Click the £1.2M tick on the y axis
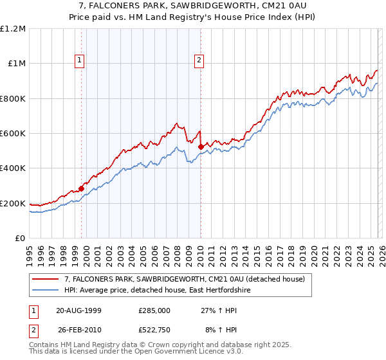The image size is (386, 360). [x=13, y=29]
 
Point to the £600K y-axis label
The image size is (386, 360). [x=13, y=134]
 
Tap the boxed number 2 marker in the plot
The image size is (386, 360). [x=199, y=61]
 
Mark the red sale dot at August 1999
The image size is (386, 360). [x=82, y=188]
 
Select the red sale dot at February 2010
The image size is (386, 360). [x=201, y=147]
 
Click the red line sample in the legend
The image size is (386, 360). [x=46, y=279]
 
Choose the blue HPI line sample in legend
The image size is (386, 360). [x=46, y=291]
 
